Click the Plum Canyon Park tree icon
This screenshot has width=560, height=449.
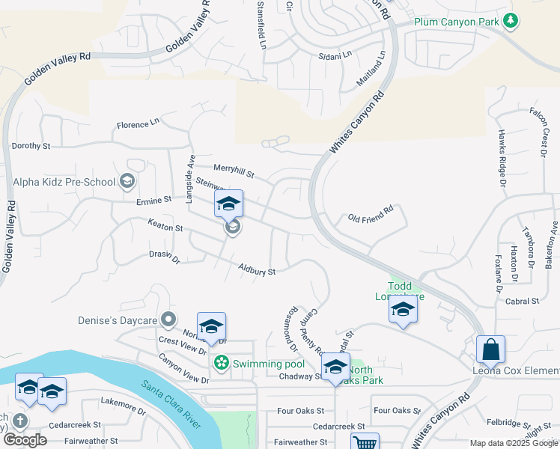click(511, 20)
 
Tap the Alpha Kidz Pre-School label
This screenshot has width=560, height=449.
click(64, 182)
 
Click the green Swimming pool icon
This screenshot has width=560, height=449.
click(222, 364)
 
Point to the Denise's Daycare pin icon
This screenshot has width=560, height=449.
click(168, 320)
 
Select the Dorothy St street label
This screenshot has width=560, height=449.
click(31, 146)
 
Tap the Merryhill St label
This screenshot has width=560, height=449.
click(234, 171)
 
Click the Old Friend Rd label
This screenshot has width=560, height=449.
click(371, 216)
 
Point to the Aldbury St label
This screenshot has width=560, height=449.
click(258, 269)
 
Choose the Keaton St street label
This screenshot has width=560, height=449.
click(165, 224)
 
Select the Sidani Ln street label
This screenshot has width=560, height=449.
click(335, 55)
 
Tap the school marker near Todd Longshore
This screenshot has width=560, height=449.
click(403, 310)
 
